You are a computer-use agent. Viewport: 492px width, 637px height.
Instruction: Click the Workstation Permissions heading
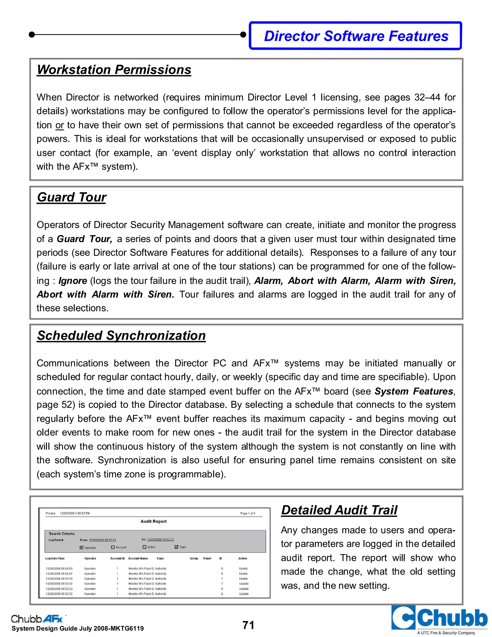(114, 70)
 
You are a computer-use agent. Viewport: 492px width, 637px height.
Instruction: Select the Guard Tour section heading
(71, 197)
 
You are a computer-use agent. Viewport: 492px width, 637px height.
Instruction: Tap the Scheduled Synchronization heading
(121, 335)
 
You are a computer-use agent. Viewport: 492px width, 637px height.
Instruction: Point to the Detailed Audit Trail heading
(339, 510)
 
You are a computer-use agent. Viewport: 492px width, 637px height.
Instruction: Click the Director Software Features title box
(356, 36)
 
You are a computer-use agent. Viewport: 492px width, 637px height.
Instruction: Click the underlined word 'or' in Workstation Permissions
(60, 125)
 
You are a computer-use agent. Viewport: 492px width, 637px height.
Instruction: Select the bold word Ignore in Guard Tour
(73, 281)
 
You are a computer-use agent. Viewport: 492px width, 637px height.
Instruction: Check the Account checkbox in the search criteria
(113, 547)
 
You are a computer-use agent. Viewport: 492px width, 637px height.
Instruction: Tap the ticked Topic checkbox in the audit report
(176, 547)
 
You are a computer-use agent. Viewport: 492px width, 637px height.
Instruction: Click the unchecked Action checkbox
(144, 547)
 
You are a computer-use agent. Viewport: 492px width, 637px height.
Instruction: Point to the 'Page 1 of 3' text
(247, 513)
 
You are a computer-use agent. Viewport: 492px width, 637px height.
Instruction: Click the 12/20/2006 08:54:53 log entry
(59, 568)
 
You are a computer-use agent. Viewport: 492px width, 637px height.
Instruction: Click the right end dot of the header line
(243, 34)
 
